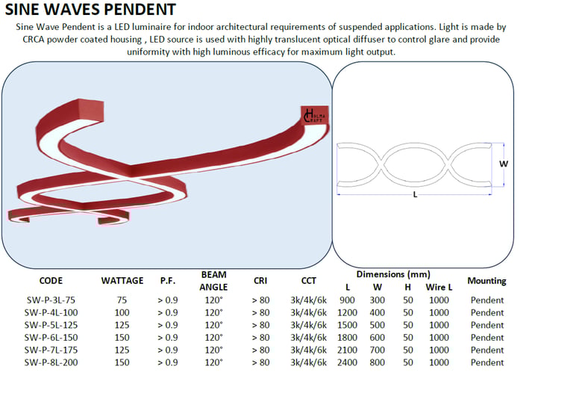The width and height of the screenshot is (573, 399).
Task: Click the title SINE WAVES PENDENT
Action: click(90, 9)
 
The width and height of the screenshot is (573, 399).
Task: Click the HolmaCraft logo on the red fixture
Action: click(315, 116)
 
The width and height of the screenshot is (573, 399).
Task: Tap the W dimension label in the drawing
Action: click(504, 164)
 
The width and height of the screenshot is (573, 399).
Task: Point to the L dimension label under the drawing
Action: click(415, 195)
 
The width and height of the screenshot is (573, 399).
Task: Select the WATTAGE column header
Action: click(122, 281)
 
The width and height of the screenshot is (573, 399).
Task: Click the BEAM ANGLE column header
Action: click(214, 281)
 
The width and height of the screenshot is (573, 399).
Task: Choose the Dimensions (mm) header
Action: click(393, 274)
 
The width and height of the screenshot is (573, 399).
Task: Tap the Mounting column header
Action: click(486, 281)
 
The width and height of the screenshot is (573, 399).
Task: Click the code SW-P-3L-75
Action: click(51, 300)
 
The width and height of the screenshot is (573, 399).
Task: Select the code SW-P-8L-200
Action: click(51, 362)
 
